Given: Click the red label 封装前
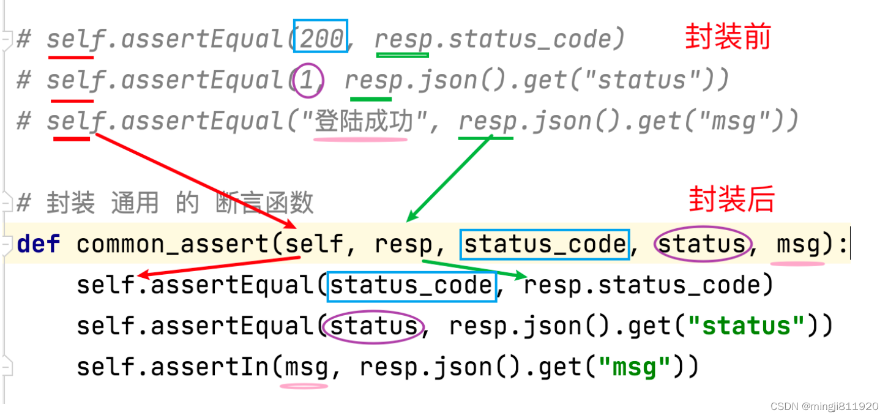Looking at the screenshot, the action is coord(728,37).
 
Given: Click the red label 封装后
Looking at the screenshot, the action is coord(732,200).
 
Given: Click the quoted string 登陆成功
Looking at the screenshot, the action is coord(360,122).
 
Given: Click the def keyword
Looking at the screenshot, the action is coord(38,244).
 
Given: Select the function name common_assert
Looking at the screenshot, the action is coord(173,244).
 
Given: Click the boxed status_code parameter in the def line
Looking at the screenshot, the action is coord(545,244).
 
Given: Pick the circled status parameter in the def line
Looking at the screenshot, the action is coord(701,244).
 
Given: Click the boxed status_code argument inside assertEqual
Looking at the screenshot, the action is coord(411,285).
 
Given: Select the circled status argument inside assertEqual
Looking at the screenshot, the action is coord(373,326).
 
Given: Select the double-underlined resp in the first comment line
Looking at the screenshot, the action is coord(403,39).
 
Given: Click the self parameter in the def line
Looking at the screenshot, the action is coord(315,244).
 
